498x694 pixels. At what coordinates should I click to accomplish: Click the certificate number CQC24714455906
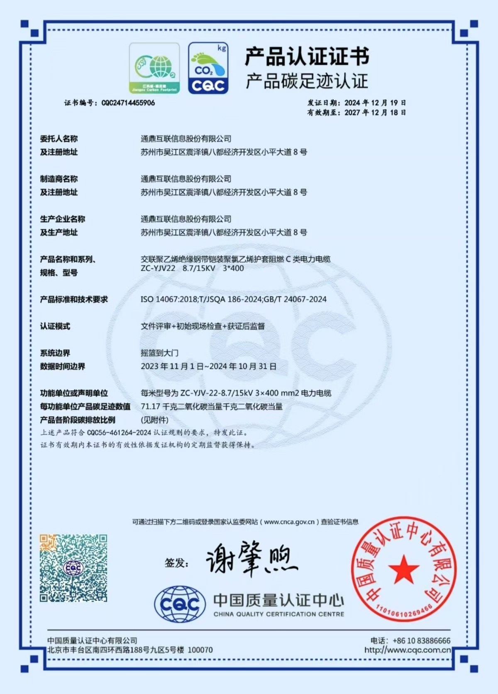point(128,103)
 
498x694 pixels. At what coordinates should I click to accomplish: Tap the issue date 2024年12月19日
point(375,103)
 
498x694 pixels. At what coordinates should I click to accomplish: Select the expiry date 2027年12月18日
point(375,113)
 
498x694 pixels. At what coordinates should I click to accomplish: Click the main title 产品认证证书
point(307,57)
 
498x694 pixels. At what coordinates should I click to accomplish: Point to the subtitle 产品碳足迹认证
point(307,81)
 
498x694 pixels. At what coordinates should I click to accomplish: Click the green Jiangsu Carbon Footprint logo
point(154,68)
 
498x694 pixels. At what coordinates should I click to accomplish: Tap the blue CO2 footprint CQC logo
point(208,68)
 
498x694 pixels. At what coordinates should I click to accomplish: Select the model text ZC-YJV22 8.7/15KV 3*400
point(192,268)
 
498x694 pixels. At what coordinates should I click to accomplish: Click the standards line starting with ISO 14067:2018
point(233,299)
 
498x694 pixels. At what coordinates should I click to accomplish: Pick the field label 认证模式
point(55,326)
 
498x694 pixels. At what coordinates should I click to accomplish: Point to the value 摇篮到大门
point(159,353)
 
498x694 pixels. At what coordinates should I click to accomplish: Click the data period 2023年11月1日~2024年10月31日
point(208,366)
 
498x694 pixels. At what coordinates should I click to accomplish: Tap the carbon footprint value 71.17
point(150,407)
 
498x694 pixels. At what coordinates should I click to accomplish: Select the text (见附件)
point(154,420)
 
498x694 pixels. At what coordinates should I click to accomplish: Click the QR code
point(73,568)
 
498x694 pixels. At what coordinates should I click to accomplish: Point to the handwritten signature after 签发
point(251,559)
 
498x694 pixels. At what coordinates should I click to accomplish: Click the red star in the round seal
point(403,569)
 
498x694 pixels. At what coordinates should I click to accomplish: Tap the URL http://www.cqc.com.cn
point(407,650)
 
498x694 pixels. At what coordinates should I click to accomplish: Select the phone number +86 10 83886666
point(421,640)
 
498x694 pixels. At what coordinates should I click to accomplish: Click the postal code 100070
point(200,650)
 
